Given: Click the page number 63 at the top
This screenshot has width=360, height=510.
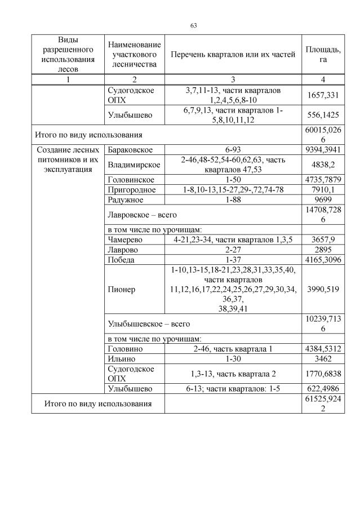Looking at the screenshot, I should [x=193, y=25].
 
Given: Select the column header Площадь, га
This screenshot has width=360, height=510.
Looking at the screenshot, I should [x=322, y=54].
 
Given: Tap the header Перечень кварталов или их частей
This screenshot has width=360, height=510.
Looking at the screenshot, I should [x=233, y=54].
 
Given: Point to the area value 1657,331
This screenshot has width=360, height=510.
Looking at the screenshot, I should [x=322, y=96].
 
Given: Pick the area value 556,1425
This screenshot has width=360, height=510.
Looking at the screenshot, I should [x=322, y=116].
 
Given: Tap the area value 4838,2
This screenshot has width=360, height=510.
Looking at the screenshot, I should [x=322, y=165].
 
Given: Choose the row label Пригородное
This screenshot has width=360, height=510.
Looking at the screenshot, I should [x=131, y=189].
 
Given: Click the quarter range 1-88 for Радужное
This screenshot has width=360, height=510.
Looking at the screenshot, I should [x=232, y=199].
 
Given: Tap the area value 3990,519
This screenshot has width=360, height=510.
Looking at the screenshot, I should [x=322, y=289].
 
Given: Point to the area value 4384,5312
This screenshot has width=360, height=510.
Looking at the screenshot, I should [x=322, y=349].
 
